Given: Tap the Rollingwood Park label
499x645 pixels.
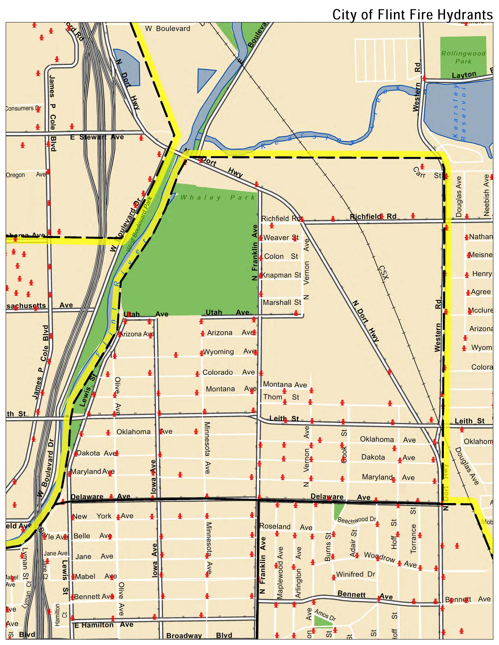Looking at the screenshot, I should pyautogui.click(x=463, y=57).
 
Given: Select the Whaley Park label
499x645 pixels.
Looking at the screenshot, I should pyautogui.click(x=218, y=198).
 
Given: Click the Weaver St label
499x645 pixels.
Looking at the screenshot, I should pyautogui.click(x=281, y=237).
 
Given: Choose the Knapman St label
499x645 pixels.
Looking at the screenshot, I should pyautogui.click(x=281, y=275).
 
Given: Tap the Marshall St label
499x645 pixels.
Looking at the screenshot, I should pyautogui.click(x=282, y=302).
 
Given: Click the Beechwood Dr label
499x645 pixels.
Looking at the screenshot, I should pyautogui.click(x=357, y=520).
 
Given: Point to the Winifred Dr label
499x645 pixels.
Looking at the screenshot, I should pyautogui.click(x=355, y=574).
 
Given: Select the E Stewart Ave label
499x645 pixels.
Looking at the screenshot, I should pyautogui.click(x=97, y=137).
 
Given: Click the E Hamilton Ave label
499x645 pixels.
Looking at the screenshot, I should pyautogui.click(x=104, y=625).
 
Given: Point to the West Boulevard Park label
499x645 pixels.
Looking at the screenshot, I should pyautogui.click(x=139, y=224).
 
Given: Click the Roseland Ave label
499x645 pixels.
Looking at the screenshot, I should pyautogui.click(x=286, y=526).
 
